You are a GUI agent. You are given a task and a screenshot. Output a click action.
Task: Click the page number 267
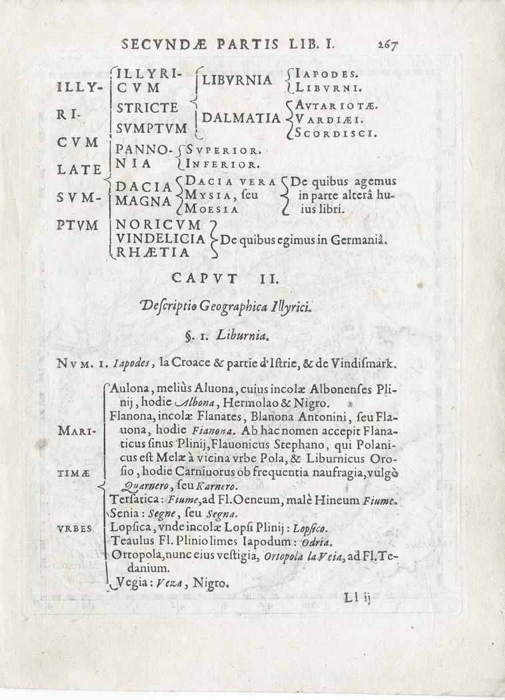click(386, 45)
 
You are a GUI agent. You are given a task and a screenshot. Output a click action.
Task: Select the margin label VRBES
click(78, 527)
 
